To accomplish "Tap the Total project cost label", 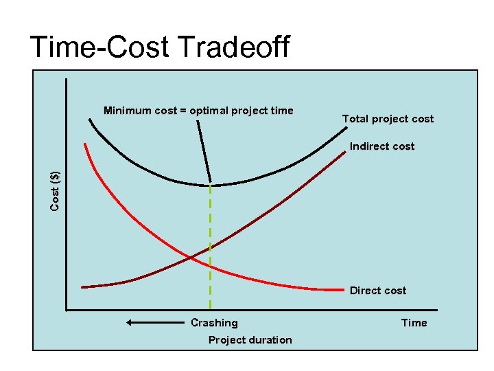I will point(388,119).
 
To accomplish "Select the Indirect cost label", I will point(381,146).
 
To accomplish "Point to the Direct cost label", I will point(377,291).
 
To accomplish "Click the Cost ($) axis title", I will point(55,191).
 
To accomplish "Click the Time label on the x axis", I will point(414,323).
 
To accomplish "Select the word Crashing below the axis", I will point(214,323).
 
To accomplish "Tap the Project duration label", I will point(250,340).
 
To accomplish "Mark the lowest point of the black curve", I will point(210,185).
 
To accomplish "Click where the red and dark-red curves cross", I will point(191,257).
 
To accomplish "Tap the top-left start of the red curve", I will point(84,144).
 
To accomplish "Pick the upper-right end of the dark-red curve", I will point(344,153).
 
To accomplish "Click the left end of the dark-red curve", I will point(83,286).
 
